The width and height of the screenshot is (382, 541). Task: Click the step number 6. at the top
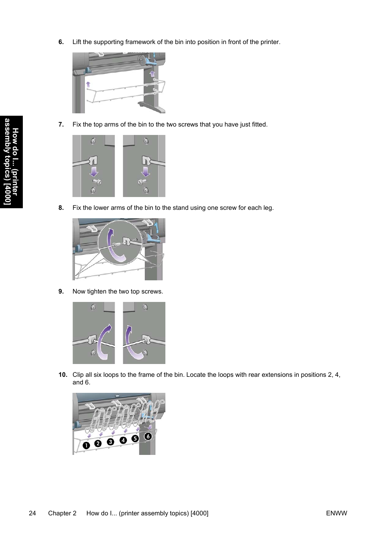coord(61,42)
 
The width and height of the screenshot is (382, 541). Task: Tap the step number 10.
coord(62,375)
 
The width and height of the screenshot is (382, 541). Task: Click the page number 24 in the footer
coord(32,513)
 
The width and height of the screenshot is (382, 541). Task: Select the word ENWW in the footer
coord(336,513)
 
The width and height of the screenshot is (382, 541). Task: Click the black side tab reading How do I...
coord(11,162)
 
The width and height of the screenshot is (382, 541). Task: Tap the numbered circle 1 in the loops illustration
coord(86,445)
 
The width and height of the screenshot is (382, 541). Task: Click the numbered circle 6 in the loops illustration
coord(148,436)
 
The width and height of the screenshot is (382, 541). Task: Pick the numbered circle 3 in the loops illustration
coord(111,442)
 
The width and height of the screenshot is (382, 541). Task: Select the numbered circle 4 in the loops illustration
coord(123,440)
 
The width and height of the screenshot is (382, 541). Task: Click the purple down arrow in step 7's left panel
coord(94,172)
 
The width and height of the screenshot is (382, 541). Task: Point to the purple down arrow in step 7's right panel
coord(145,172)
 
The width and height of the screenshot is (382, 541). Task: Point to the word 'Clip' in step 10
coord(78,375)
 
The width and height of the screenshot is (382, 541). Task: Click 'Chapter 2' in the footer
coord(62,513)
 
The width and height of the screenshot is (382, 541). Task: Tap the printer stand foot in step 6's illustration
coord(152,107)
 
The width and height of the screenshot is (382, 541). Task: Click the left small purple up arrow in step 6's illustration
coord(88,84)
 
